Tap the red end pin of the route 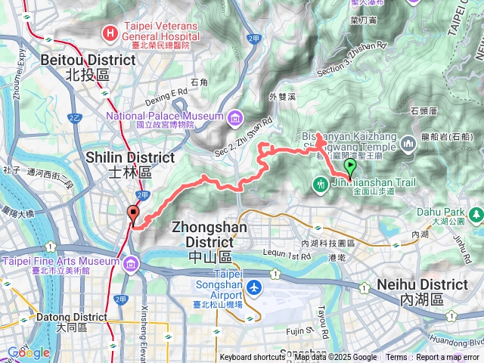[x=133, y=214]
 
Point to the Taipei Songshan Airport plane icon [x=254, y=287]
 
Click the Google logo [x=29, y=352]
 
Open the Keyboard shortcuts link [x=253, y=358]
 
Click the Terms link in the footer [x=396, y=358]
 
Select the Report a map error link [x=447, y=358]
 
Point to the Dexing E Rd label [x=167, y=92]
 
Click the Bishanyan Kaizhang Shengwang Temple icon [x=409, y=142]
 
